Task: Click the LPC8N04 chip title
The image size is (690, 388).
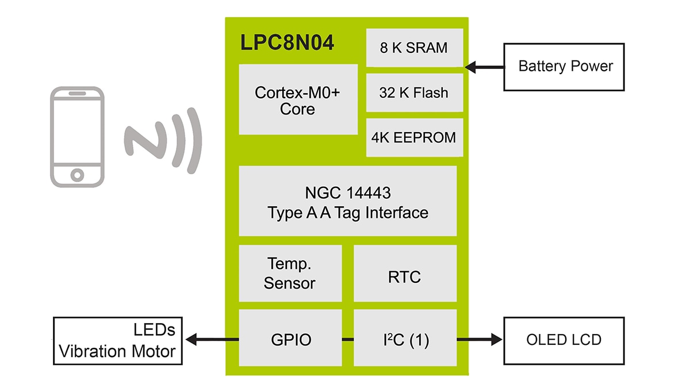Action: coord(286,44)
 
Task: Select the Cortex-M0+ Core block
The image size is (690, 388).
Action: coord(298,99)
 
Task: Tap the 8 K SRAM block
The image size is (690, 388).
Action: coord(414,48)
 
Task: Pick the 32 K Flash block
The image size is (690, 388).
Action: coord(414,92)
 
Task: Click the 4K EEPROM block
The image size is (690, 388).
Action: coord(414,138)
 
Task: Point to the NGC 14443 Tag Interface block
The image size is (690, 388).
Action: coord(347,201)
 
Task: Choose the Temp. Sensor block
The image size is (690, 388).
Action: coord(290,273)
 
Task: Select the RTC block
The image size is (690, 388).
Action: coord(405,277)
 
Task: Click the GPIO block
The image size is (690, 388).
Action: coord(290,339)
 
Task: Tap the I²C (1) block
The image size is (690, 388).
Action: coord(405,339)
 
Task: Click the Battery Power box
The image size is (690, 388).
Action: coord(563,67)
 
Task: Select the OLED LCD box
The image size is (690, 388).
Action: coord(563,339)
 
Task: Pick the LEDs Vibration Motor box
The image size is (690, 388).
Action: coord(118,340)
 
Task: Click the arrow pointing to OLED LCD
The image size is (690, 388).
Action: coord(480,340)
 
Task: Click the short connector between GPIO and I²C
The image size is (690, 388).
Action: coord(347,340)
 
